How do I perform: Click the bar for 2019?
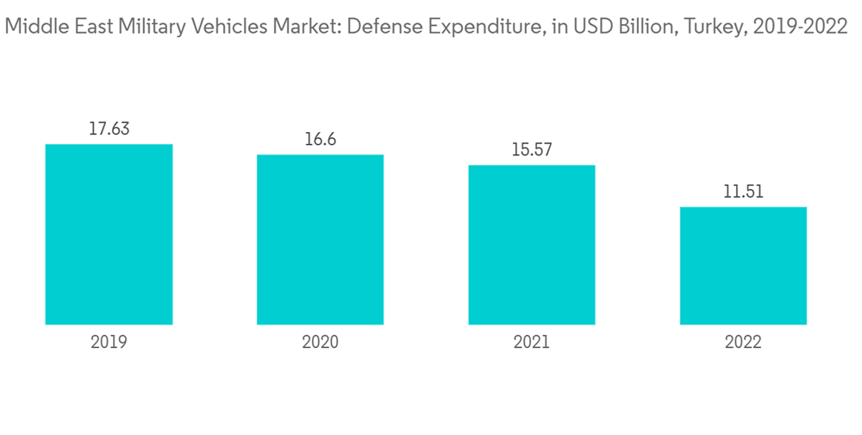coord(109,234)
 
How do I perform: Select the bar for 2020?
coord(320,239)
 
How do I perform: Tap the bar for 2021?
coord(532,244)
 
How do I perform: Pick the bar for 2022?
coord(743,265)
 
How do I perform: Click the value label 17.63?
coord(109,129)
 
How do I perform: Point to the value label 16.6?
coord(320,140)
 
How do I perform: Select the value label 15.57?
coord(532,150)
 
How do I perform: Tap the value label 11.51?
coord(743,192)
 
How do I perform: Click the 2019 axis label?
coord(109,343)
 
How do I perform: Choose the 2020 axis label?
coord(320,343)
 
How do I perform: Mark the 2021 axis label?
coord(532,343)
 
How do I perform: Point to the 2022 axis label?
coord(743,343)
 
